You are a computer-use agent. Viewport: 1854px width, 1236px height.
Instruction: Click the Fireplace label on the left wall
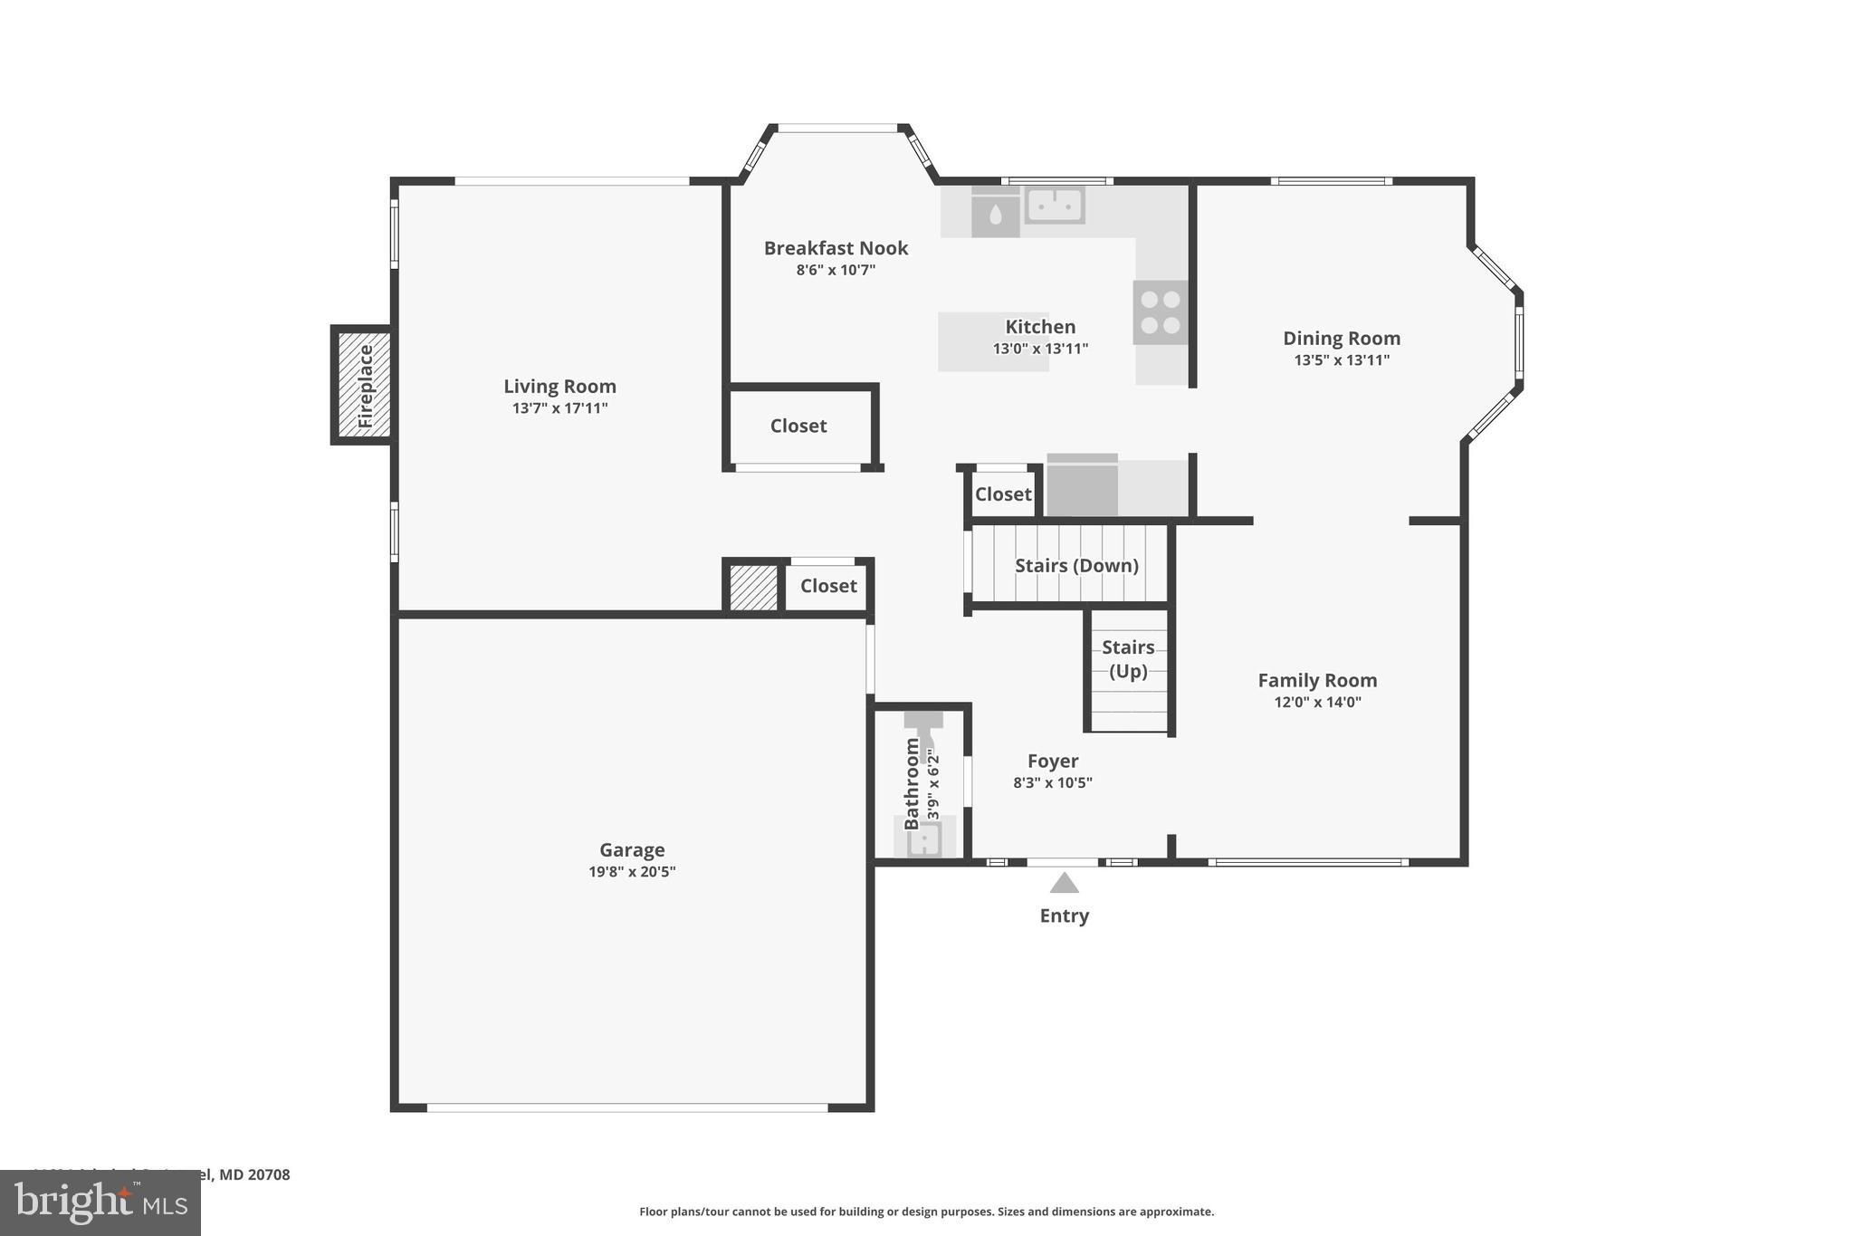point(365,386)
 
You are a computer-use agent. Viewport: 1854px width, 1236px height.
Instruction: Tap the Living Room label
point(559,387)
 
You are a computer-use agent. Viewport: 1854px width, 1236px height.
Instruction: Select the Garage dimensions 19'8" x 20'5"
point(632,872)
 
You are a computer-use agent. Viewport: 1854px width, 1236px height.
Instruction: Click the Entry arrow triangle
point(1064,883)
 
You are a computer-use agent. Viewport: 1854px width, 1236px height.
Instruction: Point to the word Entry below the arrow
point(1064,915)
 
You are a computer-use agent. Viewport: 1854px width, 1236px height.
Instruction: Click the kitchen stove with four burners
point(1160,312)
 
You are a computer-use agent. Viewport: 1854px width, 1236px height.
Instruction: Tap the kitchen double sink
point(1055,205)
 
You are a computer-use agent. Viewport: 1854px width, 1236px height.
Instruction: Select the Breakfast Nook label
point(836,248)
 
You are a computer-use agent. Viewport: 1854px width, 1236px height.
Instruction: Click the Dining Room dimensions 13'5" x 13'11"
point(1342,360)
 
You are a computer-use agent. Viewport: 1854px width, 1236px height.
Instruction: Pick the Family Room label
point(1317,680)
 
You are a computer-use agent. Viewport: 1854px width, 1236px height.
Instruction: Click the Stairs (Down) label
point(1076,566)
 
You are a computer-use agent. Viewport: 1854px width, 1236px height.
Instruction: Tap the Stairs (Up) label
point(1128,659)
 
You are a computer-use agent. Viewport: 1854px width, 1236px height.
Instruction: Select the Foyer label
point(1053,762)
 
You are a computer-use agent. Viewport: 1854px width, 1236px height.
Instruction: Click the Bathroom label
point(912,783)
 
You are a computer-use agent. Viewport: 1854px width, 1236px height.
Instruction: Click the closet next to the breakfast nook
point(798,426)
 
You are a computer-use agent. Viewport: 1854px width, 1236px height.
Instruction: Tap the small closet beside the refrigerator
point(1002,494)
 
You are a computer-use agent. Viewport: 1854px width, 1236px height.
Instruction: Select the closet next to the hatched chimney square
point(828,586)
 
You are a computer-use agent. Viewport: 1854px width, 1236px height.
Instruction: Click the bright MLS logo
point(100,1202)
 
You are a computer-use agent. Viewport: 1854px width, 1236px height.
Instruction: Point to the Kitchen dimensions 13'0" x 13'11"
point(1040,349)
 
